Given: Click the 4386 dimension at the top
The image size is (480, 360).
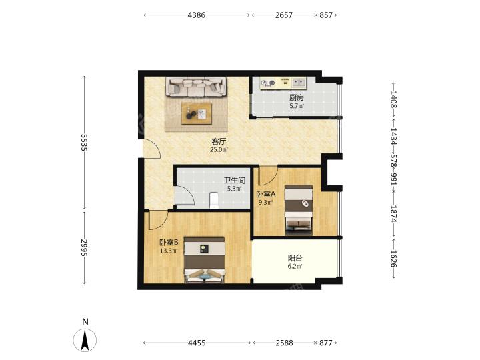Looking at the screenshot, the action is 197,15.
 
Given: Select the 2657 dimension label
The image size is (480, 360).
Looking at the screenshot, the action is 284,15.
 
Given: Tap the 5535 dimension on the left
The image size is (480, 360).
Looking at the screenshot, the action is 84,142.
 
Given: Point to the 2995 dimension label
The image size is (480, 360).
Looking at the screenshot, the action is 84,247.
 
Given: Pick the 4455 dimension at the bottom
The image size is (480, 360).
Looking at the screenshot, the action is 197,343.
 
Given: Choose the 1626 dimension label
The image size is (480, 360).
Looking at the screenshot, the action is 394,259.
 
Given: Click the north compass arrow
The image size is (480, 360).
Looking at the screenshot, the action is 85,340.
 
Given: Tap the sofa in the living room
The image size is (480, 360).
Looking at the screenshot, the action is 197,87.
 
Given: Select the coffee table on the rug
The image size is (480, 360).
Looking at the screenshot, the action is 197,113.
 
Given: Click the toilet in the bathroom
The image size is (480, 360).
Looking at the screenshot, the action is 214,200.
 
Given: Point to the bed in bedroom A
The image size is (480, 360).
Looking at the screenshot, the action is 299,210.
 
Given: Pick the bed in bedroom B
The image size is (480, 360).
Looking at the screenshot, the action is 205,259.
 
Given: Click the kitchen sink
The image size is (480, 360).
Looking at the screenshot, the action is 299,83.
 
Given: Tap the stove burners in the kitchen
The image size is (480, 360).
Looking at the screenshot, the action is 267,83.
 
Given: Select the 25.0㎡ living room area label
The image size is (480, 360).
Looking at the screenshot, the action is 219,150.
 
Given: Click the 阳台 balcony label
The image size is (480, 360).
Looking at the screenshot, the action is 295,258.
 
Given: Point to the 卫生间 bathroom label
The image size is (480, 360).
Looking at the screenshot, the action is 235,181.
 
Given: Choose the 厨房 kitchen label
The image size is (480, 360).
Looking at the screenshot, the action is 297,98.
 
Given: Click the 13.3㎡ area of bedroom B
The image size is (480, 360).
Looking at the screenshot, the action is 169,251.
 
